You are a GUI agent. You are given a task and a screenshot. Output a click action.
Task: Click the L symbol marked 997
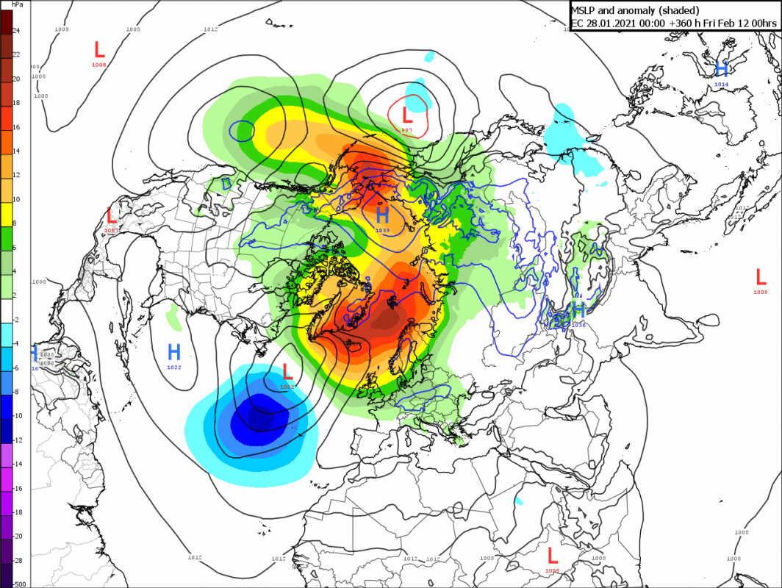406,115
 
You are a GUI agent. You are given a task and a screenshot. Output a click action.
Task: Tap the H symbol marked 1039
382,215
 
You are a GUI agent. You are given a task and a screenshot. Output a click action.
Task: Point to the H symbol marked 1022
174,351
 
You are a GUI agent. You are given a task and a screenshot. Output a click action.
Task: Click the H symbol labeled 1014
722,69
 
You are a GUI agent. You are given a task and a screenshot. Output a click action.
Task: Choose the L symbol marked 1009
761,276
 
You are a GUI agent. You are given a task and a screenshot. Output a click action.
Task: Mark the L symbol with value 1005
552,555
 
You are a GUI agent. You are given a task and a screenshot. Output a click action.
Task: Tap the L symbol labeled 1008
99,50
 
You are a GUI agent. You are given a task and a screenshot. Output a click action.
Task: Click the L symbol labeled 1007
112,215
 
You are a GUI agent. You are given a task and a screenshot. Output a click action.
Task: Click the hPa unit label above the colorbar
16,4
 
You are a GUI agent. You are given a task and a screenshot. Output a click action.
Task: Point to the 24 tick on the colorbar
16,31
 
